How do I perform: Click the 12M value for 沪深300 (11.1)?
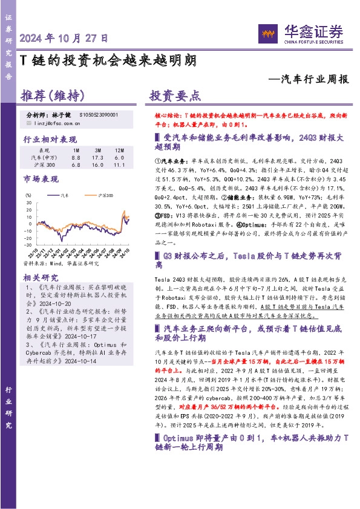pyautogui.click(x=119, y=165)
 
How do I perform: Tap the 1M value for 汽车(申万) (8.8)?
pyautogui.click(x=76, y=157)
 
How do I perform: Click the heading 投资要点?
pyautogui.click(x=175, y=97)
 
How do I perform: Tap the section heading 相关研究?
pyautogui.click(x=39, y=277)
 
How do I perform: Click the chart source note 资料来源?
pyautogui.click(x=60, y=264)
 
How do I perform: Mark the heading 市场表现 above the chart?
pyautogui.click(x=40, y=180)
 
